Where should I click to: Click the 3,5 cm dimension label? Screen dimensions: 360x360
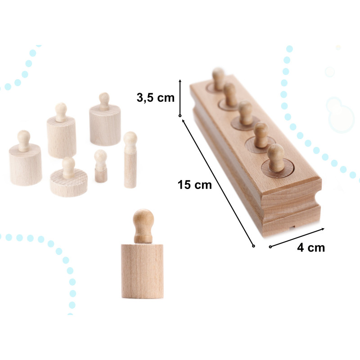click(155, 98)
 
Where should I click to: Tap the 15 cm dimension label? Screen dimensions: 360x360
click(194, 185)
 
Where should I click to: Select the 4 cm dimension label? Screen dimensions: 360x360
click(311, 248)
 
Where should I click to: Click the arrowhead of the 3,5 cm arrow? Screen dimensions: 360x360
click(180, 81)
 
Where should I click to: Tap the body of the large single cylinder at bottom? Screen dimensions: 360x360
click(142, 271)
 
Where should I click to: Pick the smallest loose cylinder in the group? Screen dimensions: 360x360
click(101, 166)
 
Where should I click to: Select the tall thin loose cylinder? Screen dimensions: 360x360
click(130, 160)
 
